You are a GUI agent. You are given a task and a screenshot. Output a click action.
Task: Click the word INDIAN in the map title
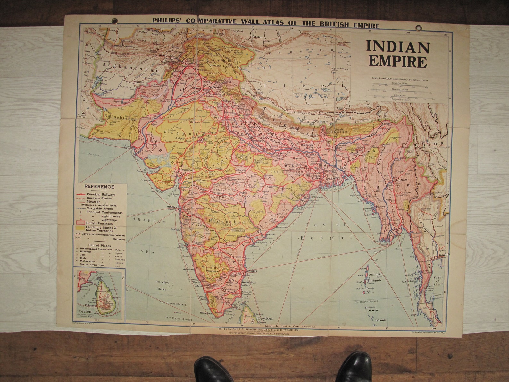tap(398, 47)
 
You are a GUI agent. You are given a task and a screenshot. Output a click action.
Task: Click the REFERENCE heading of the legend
tap(99, 187)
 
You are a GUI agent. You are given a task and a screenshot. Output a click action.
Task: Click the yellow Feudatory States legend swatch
tap(79, 228)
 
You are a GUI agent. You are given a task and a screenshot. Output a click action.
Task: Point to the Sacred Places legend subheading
tap(100, 245)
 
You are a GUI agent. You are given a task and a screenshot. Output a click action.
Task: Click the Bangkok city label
tap(445, 255)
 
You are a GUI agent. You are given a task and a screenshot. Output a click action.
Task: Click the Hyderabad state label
tap(227, 222)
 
